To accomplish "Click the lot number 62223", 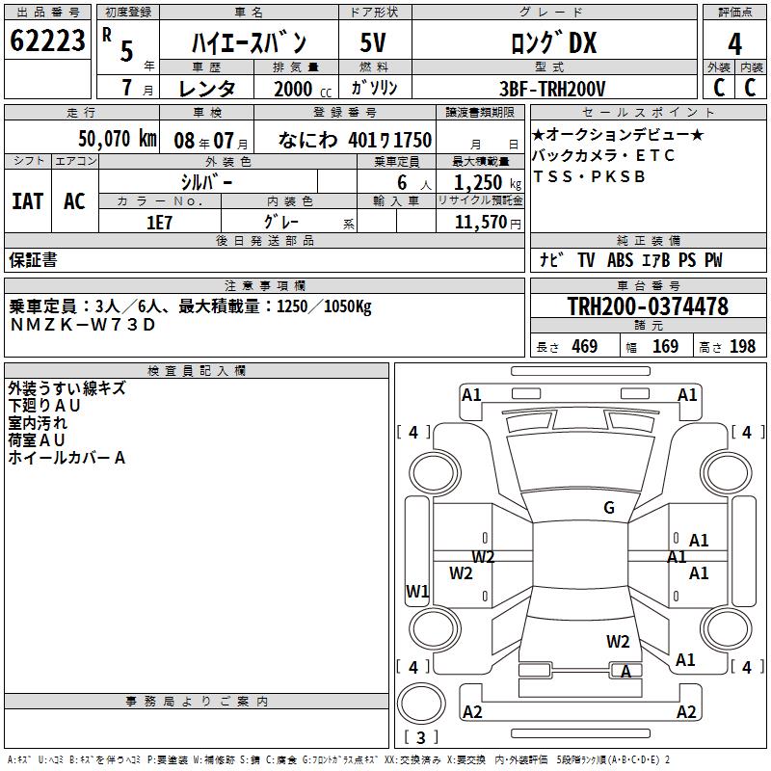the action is pos(47,40).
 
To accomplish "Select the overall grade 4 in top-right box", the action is pos(734,43).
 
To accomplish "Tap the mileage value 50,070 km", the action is pos(118,139).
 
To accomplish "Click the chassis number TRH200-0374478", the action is pos(648,306).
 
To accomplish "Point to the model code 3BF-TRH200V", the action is pos(552,89).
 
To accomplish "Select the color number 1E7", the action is pos(159,223).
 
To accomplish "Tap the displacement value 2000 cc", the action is pos(303,89).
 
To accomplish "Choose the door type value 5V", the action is pos(373,42).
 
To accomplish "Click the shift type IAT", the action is pos(28,201).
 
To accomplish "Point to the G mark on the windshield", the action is pos(609,508).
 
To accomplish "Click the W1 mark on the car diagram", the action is pos(417,591).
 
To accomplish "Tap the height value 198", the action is pos(742,347).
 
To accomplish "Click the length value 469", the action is pos(585,347).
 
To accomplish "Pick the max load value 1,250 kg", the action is pos(488,183).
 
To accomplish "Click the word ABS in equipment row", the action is pos(620,260).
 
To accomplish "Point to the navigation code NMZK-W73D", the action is pos(83,325).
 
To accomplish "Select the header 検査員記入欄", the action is pos(197,371).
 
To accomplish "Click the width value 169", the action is pos(665,347).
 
